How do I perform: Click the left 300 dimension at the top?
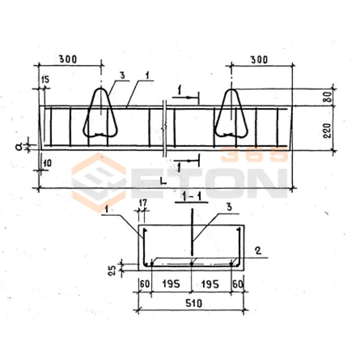click(68, 59)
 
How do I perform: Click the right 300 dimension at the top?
click(259, 60)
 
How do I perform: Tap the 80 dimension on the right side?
click(328, 97)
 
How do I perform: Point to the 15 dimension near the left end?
click(45, 80)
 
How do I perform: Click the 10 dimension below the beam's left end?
click(47, 163)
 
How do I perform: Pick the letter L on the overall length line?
click(163, 181)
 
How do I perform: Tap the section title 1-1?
click(191, 197)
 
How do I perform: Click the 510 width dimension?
click(194, 303)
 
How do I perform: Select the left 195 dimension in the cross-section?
click(171, 284)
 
